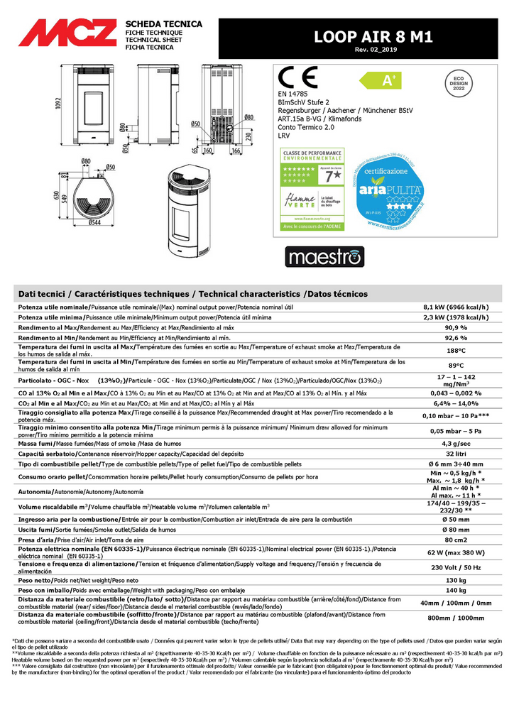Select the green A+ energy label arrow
[390, 80]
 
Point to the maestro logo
[324, 256]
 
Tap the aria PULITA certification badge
[395, 190]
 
